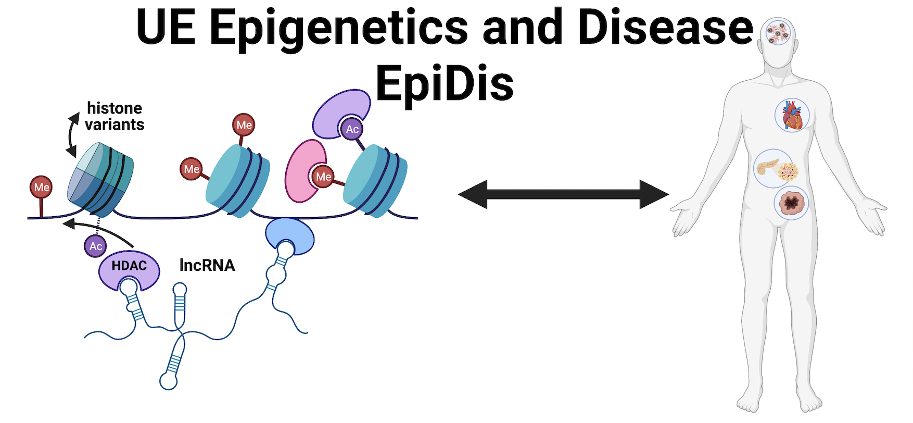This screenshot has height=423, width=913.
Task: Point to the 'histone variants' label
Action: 114,116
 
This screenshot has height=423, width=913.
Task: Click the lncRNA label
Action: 207,265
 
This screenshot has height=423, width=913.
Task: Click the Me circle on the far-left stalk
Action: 42,188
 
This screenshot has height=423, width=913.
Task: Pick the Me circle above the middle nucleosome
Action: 244,125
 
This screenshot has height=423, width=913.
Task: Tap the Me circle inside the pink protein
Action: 323,177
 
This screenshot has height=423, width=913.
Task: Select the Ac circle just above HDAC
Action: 96,246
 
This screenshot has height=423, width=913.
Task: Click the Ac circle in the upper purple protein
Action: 352,129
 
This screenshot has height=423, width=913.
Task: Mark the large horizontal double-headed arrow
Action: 563,194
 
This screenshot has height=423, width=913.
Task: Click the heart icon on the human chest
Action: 792,115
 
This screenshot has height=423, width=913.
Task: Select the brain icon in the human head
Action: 778,32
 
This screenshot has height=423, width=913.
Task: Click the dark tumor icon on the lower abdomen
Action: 791,203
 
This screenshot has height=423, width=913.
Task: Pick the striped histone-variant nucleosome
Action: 100,180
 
